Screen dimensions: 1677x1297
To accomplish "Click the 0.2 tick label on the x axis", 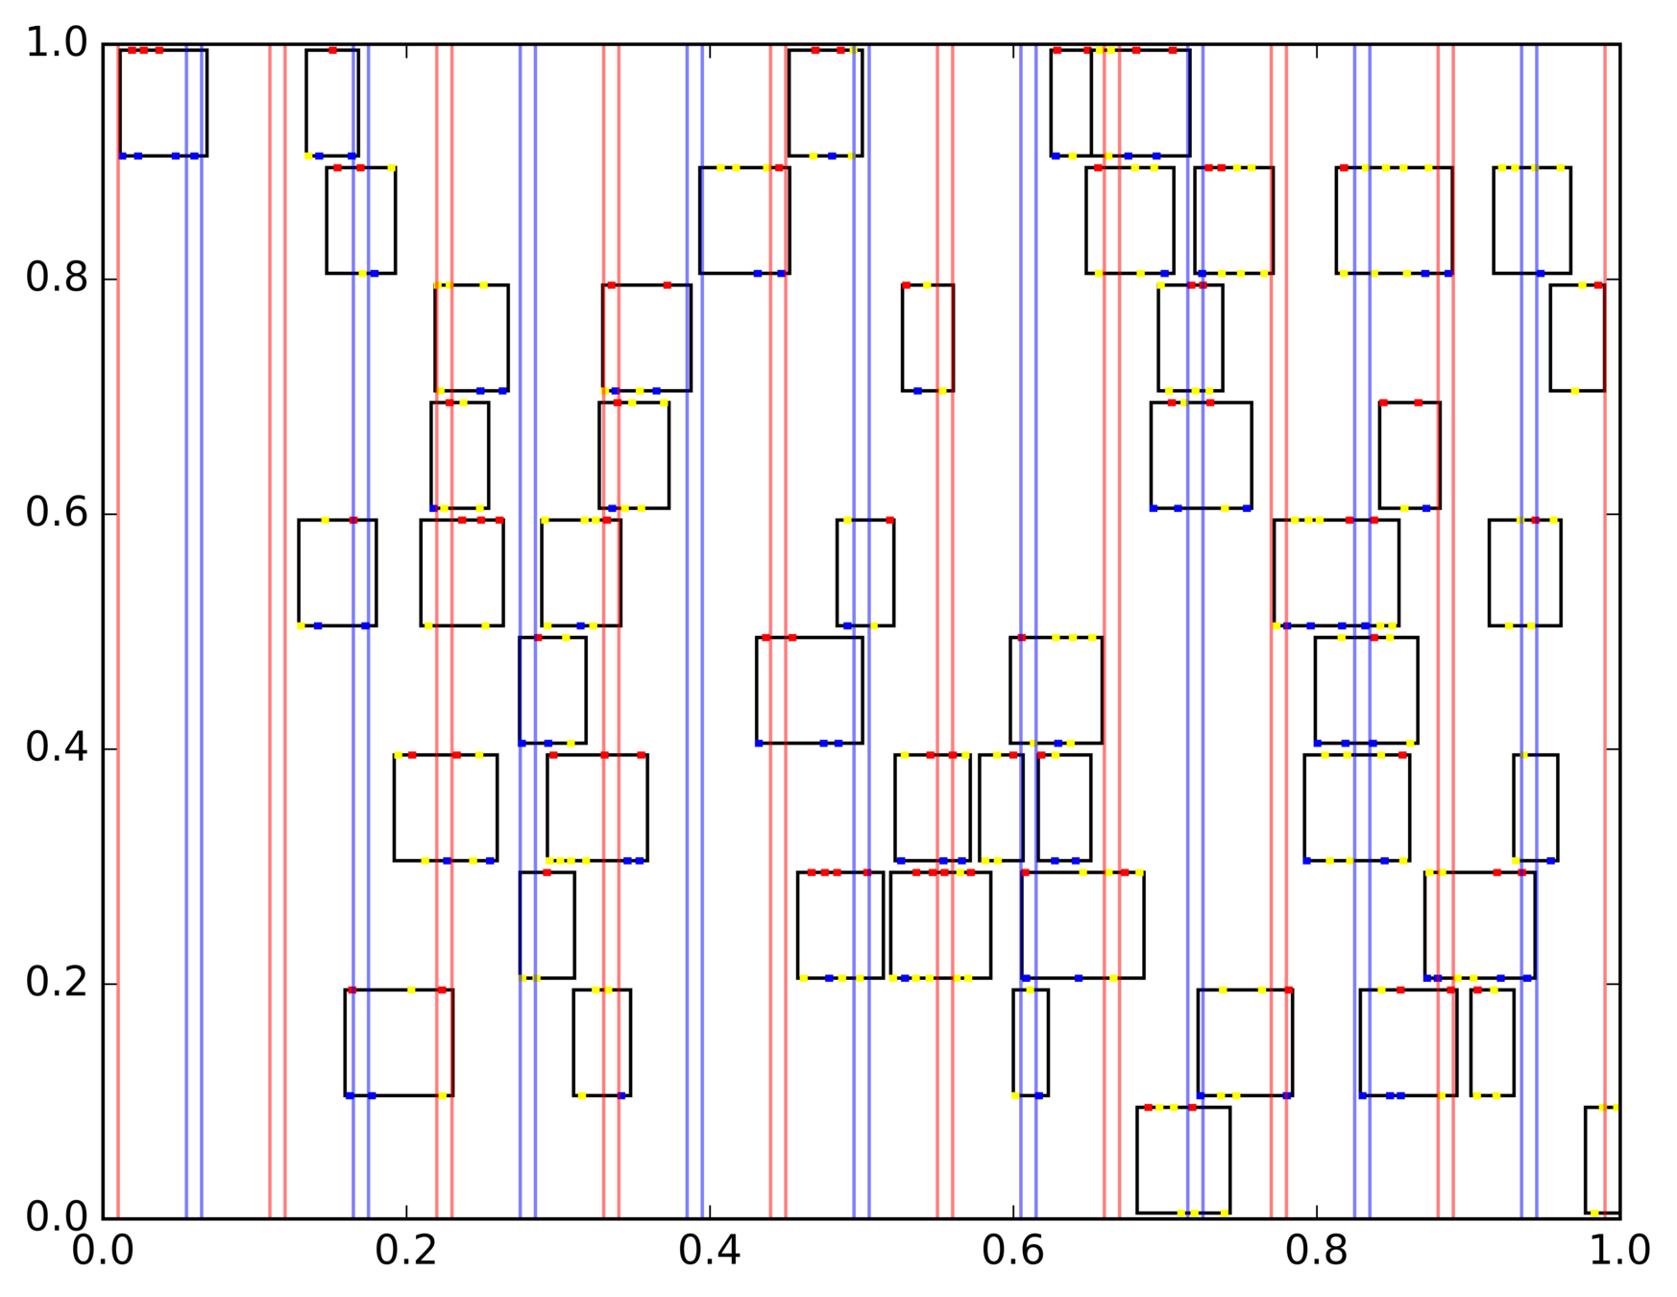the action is (406, 1252).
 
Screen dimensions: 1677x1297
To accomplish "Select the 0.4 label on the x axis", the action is (710, 1252).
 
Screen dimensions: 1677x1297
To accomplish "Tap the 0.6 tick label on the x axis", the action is (1013, 1252).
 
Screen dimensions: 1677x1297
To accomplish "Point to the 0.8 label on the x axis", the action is (1317, 1252).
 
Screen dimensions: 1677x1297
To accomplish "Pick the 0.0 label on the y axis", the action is (56, 1217).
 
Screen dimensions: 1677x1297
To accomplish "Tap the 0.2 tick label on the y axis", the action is (56, 983).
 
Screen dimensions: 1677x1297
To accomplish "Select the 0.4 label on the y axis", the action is (56, 748).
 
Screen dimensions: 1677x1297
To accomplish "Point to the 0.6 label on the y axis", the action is (56, 513).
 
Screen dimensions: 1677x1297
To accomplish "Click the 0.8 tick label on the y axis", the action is (56, 279).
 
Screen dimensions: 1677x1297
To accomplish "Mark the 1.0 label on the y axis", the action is (56, 44).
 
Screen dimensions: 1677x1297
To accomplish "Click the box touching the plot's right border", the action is (1602, 1160).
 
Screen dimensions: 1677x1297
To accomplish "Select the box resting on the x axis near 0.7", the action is (1183, 1160).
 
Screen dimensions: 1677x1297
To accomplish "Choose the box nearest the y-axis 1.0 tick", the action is (163, 103).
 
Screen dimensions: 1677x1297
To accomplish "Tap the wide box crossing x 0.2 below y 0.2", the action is (399, 1042).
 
